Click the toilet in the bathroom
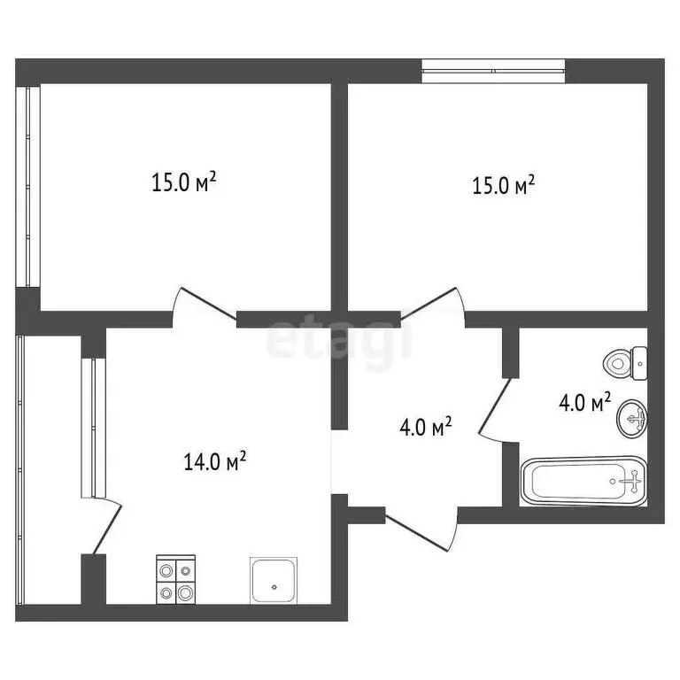pyautogui.click(x=625, y=361)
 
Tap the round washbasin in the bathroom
pyautogui.click(x=632, y=416)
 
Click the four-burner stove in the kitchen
pyautogui.click(x=175, y=579)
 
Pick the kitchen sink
pyautogui.click(x=274, y=580)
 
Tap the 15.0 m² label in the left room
pyautogui.click(x=184, y=183)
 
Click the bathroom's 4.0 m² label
pyautogui.click(x=584, y=404)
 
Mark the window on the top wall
pyautogui.click(x=492, y=71)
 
